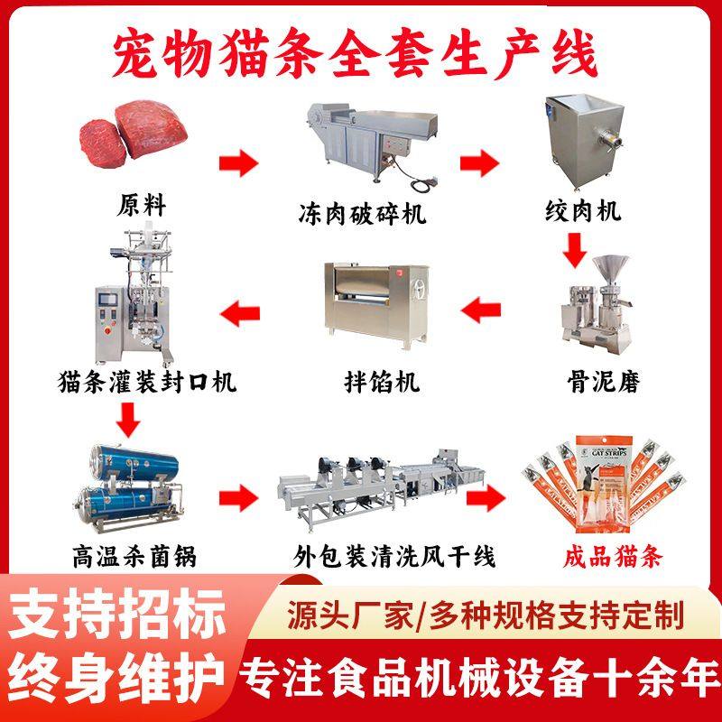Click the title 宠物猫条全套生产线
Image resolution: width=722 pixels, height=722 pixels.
[x=360, y=52]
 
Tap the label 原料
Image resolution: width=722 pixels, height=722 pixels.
[x=142, y=205]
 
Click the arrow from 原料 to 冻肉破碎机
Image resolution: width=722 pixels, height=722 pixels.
[x=238, y=164]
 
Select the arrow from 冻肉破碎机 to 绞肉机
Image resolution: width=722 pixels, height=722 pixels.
[x=479, y=162]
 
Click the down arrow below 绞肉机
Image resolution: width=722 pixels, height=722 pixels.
[x=574, y=249]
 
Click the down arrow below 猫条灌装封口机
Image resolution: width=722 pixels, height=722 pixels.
[x=130, y=416]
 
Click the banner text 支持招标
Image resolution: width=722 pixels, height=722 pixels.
[x=118, y=616]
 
